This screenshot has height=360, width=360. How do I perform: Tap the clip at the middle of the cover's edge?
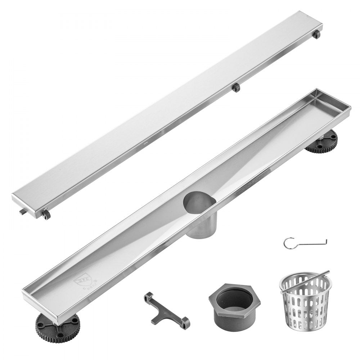pos(236,87)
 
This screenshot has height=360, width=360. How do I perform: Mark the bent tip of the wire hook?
pos(326,240)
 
